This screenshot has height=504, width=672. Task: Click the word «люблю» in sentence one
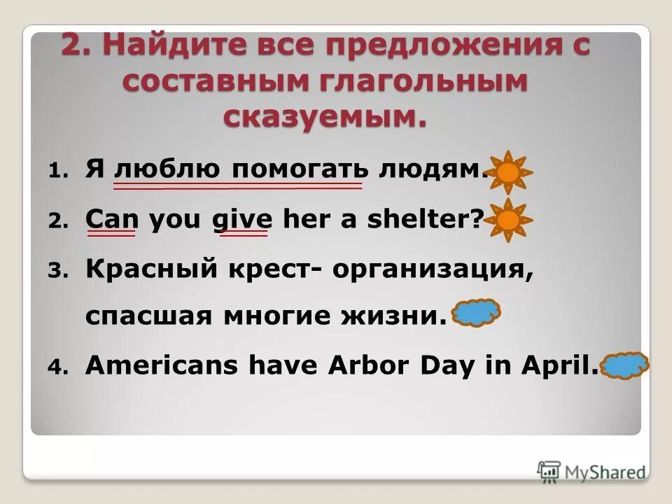(168, 171)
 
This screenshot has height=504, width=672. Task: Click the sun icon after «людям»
(509, 171)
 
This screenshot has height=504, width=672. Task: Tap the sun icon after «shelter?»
(509, 220)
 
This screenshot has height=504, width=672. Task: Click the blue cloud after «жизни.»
(477, 312)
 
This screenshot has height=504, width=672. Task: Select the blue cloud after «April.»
(626, 365)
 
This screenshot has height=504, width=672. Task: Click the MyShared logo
(591, 470)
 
